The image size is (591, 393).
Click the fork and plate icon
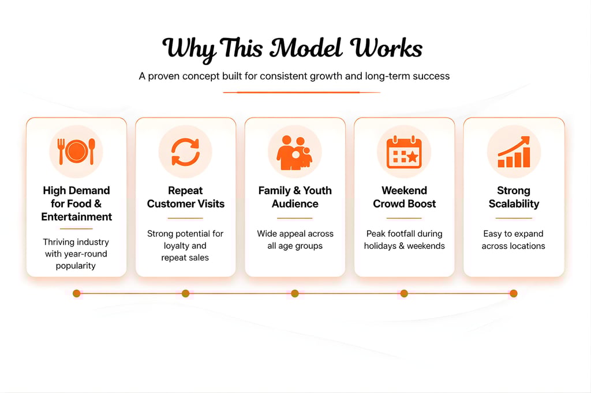tap(76, 152)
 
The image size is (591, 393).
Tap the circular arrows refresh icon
tap(185, 152)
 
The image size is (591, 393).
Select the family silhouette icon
tap(294, 153)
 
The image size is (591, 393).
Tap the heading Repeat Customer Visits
tap(185, 197)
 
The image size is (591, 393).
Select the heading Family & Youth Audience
tap(295, 197)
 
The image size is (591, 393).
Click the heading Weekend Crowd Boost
tap(404, 197)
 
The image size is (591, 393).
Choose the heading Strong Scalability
tap(514, 197)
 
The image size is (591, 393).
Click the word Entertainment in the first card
tap(77, 217)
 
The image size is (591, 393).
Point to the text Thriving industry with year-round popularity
tap(76, 254)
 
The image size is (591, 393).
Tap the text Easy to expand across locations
tap(514, 240)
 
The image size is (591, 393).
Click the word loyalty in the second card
tap(176, 245)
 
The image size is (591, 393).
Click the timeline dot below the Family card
tap(295, 293)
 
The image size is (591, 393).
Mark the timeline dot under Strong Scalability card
tap(514, 293)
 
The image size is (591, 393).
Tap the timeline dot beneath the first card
tap(76, 293)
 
